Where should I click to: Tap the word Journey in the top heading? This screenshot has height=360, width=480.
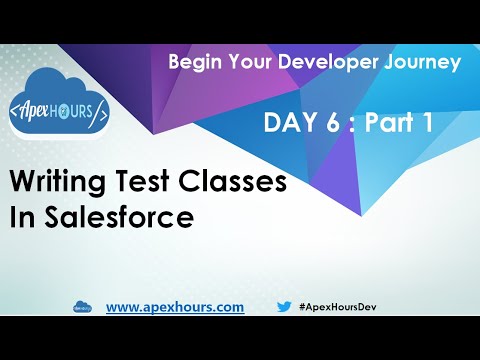419,61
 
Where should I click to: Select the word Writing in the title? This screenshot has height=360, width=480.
59,183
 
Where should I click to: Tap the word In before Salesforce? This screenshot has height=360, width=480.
21,218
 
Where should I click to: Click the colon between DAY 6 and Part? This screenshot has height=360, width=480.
350,125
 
